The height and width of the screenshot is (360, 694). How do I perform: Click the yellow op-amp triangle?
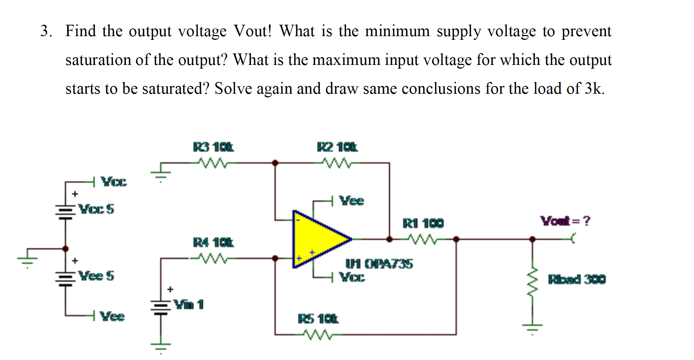pyautogui.click(x=317, y=239)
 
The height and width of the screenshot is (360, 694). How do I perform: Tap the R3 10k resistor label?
pyautogui.click(x=213, y=147)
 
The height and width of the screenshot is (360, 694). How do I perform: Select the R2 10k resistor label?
pyautogui.click(x=337, y=147)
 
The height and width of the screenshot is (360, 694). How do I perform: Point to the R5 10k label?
pyautogui.click(x=318, y=319)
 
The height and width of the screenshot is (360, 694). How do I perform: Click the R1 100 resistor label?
pyautogui.click(x=423, y=223)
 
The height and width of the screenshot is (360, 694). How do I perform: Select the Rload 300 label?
pyautogui.click(x=577, y=279)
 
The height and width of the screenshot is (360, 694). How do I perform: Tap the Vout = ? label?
pyautogui.click(x=565, y=221)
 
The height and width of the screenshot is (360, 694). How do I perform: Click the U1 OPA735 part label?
pyautogui.click(x=379, y=264)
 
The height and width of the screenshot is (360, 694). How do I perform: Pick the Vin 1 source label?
pyautogui.click(x=188, y=305)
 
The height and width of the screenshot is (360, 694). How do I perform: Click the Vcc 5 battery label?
pyautogui.click(x=97, y=209)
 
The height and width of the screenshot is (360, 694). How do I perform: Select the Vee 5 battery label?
pyautogui.click(x=97, y=276)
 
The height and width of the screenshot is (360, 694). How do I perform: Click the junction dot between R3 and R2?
pyautogui.click(x=275, y=163)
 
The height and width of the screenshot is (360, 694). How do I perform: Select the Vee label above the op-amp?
pyautogui.click(x=351, y=201)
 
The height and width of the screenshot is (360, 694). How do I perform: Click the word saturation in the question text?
pyautogui.click(x=98, y=60)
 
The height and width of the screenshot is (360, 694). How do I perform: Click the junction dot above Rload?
pyautogui.click(x=532, y=239)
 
